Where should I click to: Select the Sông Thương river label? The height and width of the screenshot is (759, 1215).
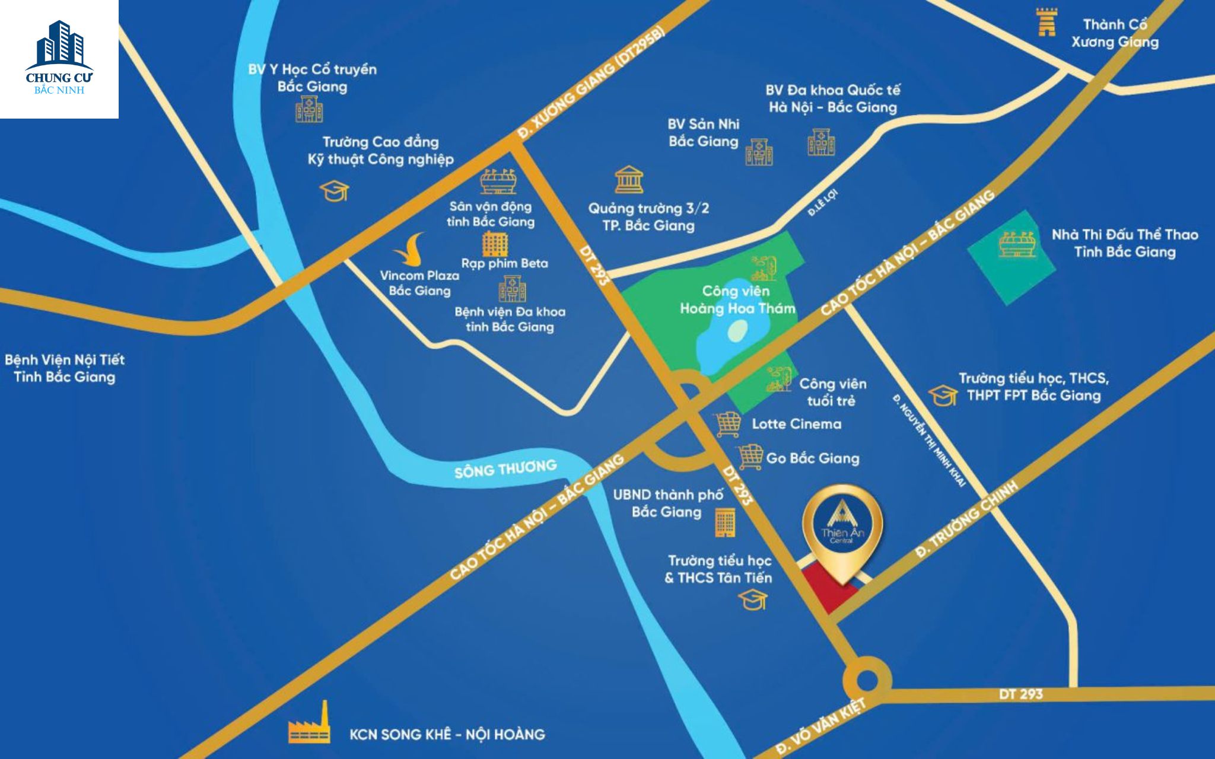505,468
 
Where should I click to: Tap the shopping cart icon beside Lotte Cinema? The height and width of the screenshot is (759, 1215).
728,425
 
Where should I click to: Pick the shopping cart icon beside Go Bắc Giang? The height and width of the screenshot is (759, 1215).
750,457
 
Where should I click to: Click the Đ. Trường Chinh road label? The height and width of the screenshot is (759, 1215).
967,518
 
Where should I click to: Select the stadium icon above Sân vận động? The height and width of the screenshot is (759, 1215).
498,181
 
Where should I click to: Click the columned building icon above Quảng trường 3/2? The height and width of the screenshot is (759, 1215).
629,180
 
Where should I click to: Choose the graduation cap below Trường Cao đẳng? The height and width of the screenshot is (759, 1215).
334,191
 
